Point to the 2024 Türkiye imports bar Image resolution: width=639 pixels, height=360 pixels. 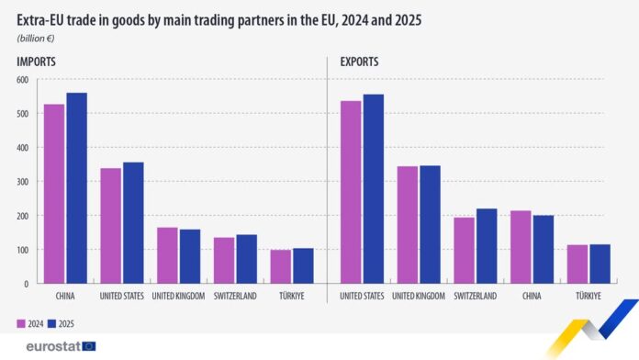[x=281, y=266]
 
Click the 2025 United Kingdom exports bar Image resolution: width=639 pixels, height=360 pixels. [x=430, y=225]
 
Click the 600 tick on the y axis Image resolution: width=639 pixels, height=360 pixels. [x=22, y=80]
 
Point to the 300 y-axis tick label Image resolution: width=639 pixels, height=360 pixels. [x=22, y=182]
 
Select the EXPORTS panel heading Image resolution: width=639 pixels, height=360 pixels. [x=360, y=62]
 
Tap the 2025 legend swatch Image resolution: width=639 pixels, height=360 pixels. [x=52, y=322]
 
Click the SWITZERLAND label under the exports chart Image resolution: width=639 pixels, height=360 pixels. [x=476, y=296]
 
